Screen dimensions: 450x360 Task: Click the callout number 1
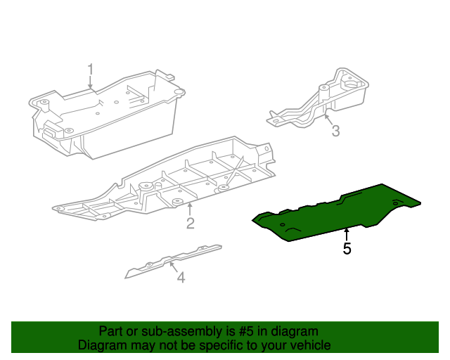91,70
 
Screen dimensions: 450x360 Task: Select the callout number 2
191,223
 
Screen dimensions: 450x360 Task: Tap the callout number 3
335,131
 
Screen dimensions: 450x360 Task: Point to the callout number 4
181,277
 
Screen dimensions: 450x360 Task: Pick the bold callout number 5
347,249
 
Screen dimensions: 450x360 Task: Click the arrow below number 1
91,83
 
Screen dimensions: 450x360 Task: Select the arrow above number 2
190,209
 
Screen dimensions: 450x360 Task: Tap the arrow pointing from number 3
328,119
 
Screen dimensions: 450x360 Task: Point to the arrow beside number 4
173,267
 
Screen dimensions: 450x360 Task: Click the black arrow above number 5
347,235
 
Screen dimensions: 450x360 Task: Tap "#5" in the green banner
246,331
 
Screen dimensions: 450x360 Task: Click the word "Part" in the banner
110,331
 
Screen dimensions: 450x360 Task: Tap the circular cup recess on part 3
353,84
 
